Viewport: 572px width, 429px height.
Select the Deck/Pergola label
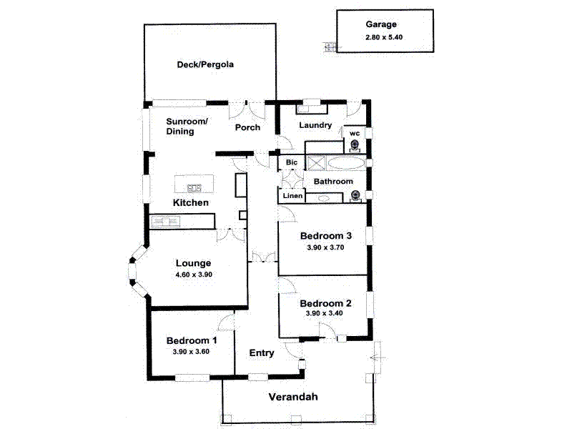tap(206, 65)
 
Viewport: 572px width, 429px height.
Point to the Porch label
tap(247, 128)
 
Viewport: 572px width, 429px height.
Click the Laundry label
tap(315, 126)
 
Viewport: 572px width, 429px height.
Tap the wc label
tap(354, 133)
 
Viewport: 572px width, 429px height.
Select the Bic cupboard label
tap(291, 163)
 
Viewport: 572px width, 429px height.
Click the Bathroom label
tap(333, 182)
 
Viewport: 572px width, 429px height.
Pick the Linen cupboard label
tap(292, 196)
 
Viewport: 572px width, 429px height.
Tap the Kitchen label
tap(191, 203)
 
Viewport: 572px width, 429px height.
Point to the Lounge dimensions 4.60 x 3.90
tap(194, 275)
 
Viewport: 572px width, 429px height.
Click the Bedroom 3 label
tap(326, 236)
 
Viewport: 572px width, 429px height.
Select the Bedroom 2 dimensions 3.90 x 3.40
tap(325, 313)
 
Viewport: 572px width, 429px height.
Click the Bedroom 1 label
tap(192, 340)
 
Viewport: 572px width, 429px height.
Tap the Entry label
tap(262, 353)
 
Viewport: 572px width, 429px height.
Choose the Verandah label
tap(292, 398)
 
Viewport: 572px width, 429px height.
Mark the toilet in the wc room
tap(355, 146)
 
